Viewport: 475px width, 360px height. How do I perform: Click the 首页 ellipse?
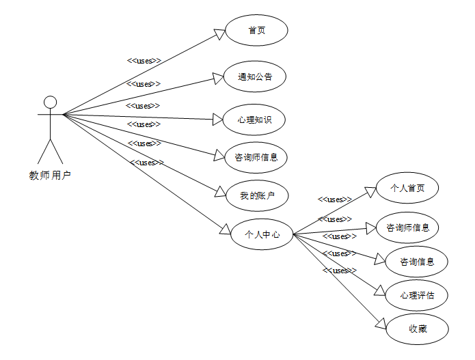(257, 31)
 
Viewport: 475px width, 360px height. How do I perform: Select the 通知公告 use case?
(255, 77)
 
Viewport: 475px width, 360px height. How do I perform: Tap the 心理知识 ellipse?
(255, 120)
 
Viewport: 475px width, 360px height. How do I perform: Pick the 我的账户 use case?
(257, 196)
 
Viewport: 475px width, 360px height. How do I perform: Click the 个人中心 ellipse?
(263, 234)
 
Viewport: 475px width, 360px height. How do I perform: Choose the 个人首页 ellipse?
(407, 188)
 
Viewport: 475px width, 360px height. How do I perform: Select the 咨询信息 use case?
(423, 261)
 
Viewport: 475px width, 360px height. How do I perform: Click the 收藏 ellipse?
(418, 329)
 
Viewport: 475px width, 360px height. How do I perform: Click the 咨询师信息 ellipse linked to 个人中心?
(407, 227)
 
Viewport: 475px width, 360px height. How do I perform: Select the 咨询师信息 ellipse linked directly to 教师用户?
(256, 158)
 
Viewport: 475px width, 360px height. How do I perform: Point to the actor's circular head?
(49, 102)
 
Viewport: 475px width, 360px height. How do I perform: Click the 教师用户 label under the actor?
(50, 175)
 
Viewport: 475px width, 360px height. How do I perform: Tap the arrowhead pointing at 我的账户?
(219, 193)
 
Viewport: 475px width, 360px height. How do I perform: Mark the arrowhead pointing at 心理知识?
(219, 120)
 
